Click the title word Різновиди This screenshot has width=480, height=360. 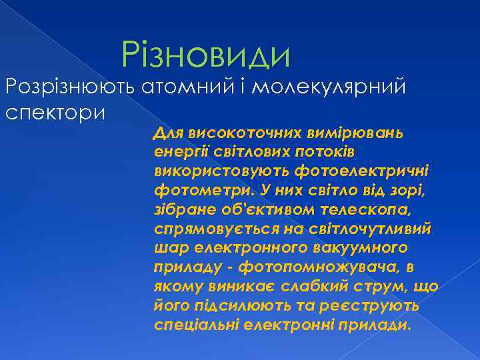[x=207, y=55]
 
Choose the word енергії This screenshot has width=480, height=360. [x=177, y=151]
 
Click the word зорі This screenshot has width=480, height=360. [x=409, y=190]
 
